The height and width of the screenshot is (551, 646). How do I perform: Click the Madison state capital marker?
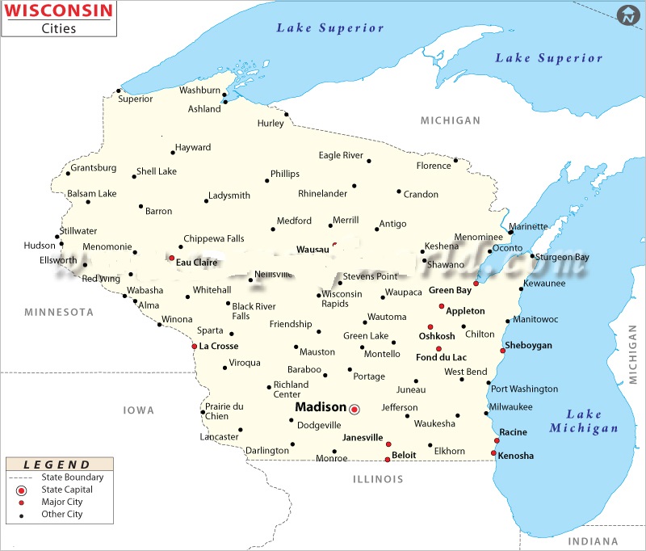pyautogui.click(x=354, y=410)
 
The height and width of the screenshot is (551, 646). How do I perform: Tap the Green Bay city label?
pyautogui.click(x=451, y=290)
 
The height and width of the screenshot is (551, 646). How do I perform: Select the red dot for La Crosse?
pyautogui.click(x=194, y=347)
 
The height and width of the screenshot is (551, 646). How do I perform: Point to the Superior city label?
pyautogui.click(x=135, y=99)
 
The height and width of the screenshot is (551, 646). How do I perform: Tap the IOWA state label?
pyautogui.click(x=138, y=410)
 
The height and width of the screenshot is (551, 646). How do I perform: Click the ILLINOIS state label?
pyautogui.click(x=377, y=479)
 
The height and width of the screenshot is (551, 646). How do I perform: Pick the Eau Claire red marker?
pyautogui.click(x=171, y=259)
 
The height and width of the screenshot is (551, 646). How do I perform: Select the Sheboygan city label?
pyautogui.click(x=529, y=346)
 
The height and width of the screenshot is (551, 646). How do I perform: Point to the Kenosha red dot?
pyautogui.click(x=493, y=453)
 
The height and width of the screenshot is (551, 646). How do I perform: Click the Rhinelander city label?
pyautogui.click(x=322, y=194)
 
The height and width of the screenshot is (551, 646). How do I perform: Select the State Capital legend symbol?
pyautogui.click(x=22, y=490)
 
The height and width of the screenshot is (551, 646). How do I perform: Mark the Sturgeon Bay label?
pyautogui.click(x=563, y=257)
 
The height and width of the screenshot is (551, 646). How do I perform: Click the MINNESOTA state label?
pyautogui.click(x=59, y=312)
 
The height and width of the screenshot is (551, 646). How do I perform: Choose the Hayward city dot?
pyautogui.click(x=173, y=152)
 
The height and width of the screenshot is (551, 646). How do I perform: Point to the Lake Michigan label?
pyautogui.click(x=584, y=421)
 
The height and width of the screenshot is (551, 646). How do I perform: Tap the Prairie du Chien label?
pyautogui.click(x=224, y=411)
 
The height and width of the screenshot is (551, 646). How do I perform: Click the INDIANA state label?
pyautogui.click(x=592, y=541)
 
